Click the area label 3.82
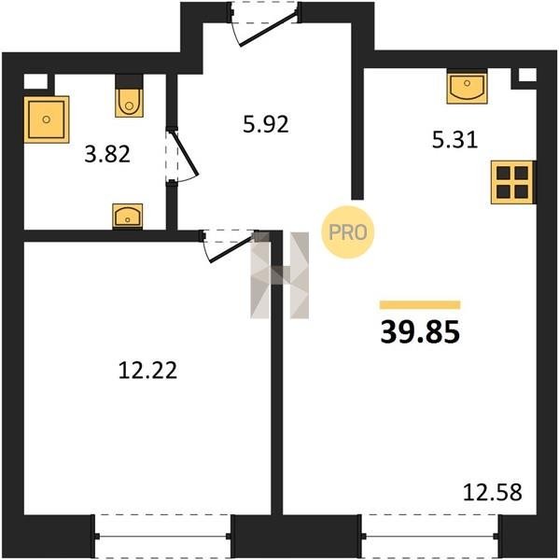click(107, 155)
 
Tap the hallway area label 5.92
click(265, 125)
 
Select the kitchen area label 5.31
click(454, 140)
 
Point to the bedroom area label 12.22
click(147, 370)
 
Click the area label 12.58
click(493, 492)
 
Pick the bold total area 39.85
click(420, 332)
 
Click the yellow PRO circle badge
click(348, 232)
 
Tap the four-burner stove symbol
click(513, 182)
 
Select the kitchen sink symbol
click(467, 87)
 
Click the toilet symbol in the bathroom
click(130, 96)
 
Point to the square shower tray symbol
click(47, 119)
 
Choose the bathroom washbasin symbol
click(128, 217)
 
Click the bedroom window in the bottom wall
click(163, 536)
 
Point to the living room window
click(430, 536)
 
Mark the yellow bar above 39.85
click(420, 304)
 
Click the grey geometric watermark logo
click(279, 275)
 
